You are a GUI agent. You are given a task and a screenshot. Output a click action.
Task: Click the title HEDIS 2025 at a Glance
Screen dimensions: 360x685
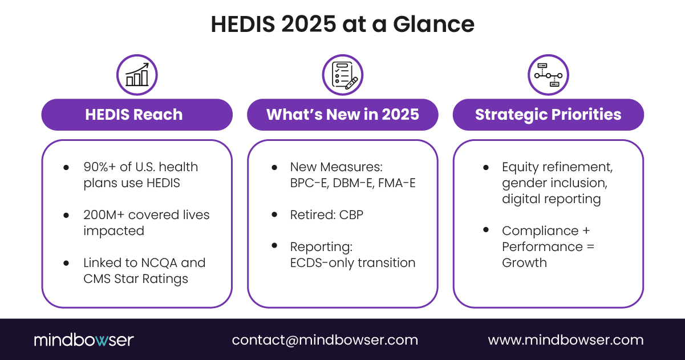coord(342,24)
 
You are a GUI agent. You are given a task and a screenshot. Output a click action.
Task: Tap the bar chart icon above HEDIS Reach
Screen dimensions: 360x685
coord(137,75)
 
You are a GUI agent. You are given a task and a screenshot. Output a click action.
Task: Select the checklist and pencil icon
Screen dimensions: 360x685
coord(343,75)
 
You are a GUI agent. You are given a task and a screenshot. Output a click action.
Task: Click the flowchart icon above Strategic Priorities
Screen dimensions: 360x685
coord(548,75)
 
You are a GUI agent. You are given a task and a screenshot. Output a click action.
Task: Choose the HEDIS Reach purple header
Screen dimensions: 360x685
coord(137,115)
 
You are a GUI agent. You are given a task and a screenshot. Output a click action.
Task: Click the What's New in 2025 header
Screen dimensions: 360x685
coord(343,115)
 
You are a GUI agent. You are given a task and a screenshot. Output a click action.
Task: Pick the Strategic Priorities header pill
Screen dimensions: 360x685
coord(548,115)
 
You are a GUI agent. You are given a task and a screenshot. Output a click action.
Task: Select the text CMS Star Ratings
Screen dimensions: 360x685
coord(136,279)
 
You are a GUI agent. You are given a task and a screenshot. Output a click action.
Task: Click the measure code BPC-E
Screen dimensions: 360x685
coord(308,183)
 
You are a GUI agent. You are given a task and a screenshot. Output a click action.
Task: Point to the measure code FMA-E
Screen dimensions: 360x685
coord(398,183)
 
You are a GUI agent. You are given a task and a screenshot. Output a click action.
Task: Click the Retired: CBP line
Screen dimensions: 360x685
coord(326,215)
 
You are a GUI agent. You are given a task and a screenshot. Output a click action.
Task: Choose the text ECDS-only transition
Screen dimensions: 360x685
coord(352,263)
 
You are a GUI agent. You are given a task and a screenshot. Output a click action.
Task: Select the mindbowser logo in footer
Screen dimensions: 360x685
coord(83,340)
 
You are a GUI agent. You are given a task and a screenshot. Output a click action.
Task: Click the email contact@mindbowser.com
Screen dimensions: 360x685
coord(325,340)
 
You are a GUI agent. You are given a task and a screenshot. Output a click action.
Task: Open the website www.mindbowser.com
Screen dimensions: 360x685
coord(565,340)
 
